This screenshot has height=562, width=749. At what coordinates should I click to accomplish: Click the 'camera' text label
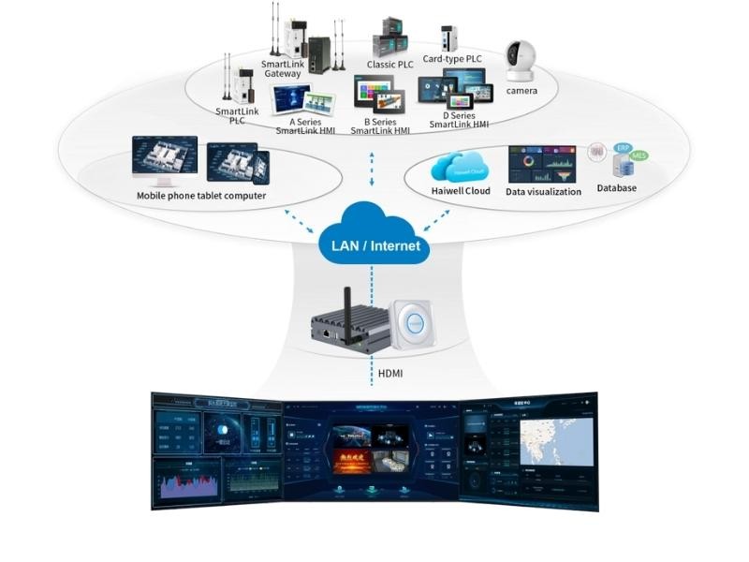521,91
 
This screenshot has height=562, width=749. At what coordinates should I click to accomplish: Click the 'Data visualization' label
543,192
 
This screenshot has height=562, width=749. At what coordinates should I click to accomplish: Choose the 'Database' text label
617,188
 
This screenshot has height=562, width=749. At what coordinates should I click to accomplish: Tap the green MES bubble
639,155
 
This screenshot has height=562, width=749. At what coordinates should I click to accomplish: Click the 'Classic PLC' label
389,65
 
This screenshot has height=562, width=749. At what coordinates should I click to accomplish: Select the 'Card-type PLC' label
453,59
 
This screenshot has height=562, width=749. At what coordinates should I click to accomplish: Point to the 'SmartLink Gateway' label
283,68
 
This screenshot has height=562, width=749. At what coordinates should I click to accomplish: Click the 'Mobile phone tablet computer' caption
201,196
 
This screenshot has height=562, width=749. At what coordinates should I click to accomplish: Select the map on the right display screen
557,441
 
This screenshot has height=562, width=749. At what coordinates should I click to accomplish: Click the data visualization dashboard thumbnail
541,164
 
